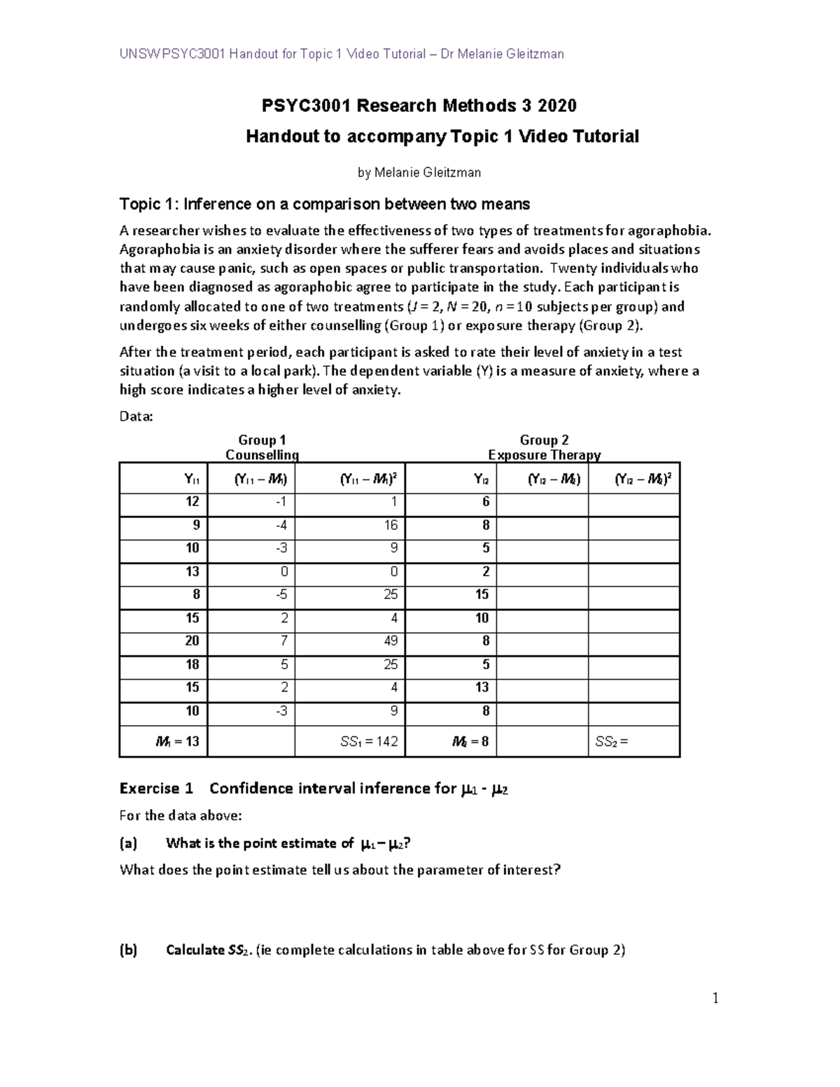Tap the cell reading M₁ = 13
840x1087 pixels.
pyautogui.click(x=178, y=741)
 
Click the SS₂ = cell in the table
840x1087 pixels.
pyautogui.click(x=611, y=741)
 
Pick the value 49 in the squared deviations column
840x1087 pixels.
pyautogui.click(x=391, y=640)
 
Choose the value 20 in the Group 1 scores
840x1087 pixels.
pyautogui.click(x=192, y=640)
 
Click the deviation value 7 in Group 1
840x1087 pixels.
pyautogui.click(x=283, y=640)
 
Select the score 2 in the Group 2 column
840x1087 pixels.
pyautogui.click(x=485, y=571)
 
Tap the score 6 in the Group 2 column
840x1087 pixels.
pyautogui.click(x=485, y=502)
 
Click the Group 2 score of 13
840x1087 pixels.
pyautogui.click(x=482, y=687)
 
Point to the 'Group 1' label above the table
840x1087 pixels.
pyautogui.click(x=262, y=440)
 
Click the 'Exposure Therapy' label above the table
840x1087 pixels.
pyautogui.click(x=544, y=455)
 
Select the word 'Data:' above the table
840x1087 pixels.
pyautogui.click(x=136, y=416)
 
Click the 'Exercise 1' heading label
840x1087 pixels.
pyautogui.click(x=156, y=789)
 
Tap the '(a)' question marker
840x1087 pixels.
pyautogui.click(x=129, y=843)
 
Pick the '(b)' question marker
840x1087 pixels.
pyautogui.click(x=129, y=950)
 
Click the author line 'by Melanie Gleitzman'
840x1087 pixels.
pyautogui.click(x=419, y=172)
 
